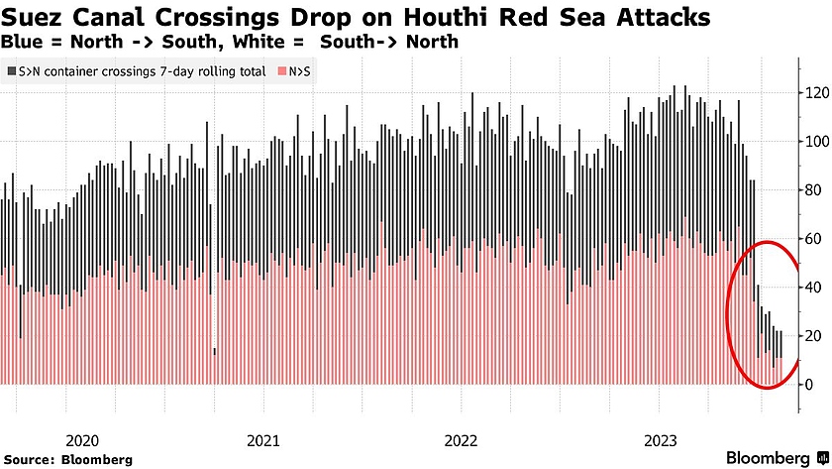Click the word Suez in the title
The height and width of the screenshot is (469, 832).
pos(34,18)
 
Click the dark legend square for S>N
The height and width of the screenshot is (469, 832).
pos(11,71)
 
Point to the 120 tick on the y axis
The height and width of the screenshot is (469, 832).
pos(816,92)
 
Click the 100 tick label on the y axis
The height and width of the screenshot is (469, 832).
pos(816,141)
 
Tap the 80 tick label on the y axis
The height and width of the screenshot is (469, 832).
pos(812,189)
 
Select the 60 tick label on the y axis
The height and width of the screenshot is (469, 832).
pos(812,238)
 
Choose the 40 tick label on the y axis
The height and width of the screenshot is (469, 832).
pos(812,287)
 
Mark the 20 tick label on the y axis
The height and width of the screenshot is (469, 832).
pos(812,335)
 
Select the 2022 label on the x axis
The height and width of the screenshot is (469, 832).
pos(460,439)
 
